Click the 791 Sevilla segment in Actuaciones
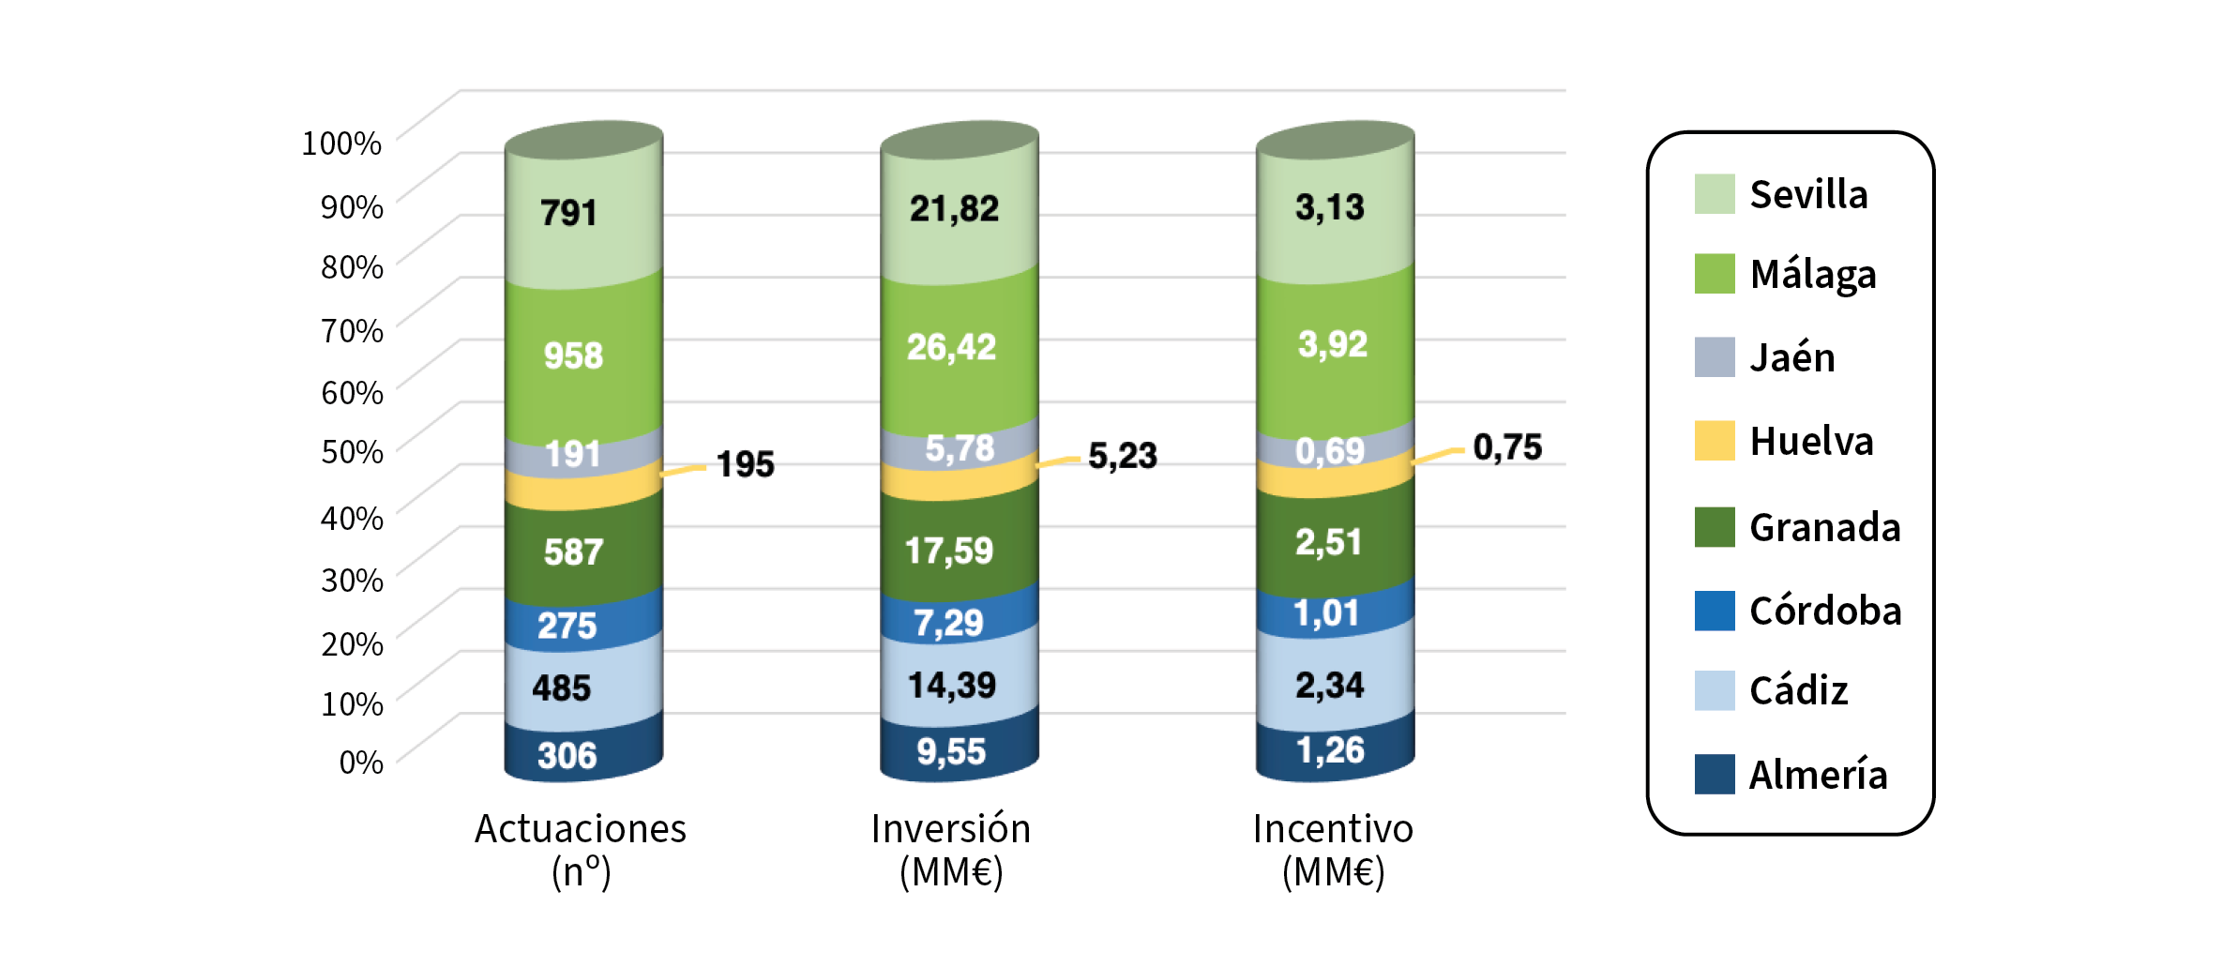click(x=569, y=213)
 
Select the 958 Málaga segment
click(x=573, y=356)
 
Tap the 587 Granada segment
click(x=573, y=551)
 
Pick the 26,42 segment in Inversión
click(x=951, y=348)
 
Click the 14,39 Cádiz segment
click(x=951, y=685)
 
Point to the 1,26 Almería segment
click(x=1330, y=750)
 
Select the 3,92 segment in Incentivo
click(x=1332, y=344)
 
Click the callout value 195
click(x=745, y=464)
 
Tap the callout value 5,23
click(x=1122, y=456)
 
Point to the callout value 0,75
click(x=1506, y=447)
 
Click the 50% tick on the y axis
click(x=352, y=452)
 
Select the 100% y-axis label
click(x=341, y=144)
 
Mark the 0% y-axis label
click(x=361, y=763)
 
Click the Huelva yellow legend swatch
click(x=1714, y=441)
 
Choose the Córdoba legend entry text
click(x=1824, y=612)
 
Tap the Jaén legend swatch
click(x=1714, y=357)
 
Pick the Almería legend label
click(x=1817, y=776)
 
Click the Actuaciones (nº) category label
click(x=581, y=850)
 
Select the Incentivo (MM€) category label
click(x=1333, y=850)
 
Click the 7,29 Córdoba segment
click(x=948, y=623)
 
